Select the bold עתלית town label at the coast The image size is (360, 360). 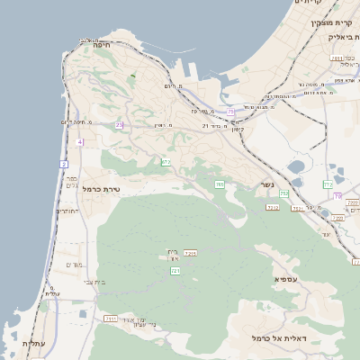[x=33, y=344]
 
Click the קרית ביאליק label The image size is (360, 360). [x=337, y=37]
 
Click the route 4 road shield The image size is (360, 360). [x=79, y=142]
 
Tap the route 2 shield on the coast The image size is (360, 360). [x=64, y=164]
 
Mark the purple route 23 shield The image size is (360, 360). [x=119, y=125]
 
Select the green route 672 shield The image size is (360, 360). [x=166, y=162]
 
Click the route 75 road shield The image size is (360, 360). [x=230, y=112]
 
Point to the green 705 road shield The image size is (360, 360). [x=219, y=184]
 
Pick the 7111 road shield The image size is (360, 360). [x=111, y=318]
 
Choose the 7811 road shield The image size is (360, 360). [x=191, y=253]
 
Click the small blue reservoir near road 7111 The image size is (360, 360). [x=83, y=313]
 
